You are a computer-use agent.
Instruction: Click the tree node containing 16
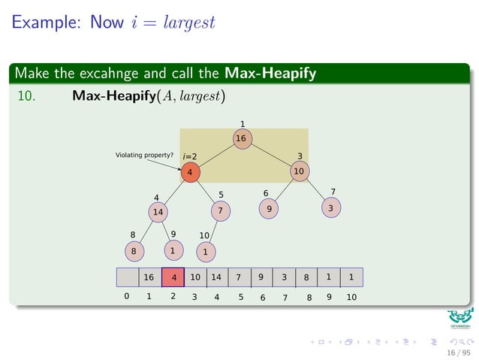240,138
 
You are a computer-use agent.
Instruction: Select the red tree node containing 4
190,172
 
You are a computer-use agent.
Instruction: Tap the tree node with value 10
299,171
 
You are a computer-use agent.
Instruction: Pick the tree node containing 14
158,212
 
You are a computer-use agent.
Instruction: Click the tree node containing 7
220,211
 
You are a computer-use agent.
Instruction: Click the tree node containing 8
134,250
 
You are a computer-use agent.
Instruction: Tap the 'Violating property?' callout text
144,155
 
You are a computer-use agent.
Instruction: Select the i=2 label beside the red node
190,157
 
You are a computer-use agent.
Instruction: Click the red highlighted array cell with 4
173,277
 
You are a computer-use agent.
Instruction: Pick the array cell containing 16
149,277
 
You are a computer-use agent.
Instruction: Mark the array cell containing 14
216,277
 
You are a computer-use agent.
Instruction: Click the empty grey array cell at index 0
127,277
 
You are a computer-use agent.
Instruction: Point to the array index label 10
351,298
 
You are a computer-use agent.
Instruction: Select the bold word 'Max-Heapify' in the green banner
270,74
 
